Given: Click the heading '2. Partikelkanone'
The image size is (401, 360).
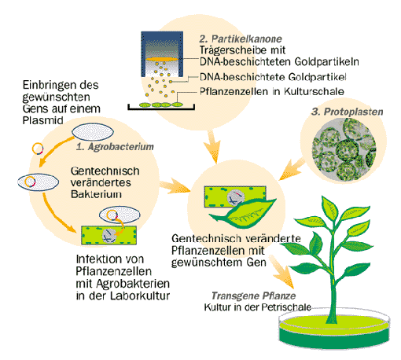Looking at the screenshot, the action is point(241,39).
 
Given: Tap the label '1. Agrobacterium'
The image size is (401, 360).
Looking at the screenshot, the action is point(115,147).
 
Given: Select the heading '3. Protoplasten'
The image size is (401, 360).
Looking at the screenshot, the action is point(347,112).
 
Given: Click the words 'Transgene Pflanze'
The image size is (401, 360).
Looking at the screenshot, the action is point(253,296).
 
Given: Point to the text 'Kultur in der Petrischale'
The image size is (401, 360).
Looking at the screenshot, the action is point(258,307).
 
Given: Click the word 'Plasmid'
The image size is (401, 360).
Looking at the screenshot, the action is point(43,120).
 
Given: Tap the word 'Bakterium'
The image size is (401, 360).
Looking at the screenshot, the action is point(96,194).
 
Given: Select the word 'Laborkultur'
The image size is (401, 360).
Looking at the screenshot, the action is point(140,296).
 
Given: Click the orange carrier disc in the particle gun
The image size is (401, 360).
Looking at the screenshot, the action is point(161,59).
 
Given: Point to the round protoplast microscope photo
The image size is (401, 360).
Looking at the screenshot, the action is point(344,149).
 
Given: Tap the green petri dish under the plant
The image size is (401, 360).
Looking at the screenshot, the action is point(334,332).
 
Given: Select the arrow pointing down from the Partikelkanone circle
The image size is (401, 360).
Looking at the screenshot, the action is point(213,147).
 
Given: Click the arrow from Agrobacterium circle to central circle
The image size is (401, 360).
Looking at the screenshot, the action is point(175,186).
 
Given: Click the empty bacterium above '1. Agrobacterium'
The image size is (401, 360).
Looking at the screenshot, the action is point(93,132).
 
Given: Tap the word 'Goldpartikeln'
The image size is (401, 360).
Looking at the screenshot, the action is point(326,62).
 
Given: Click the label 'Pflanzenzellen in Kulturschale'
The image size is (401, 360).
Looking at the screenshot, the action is point(272,91).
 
